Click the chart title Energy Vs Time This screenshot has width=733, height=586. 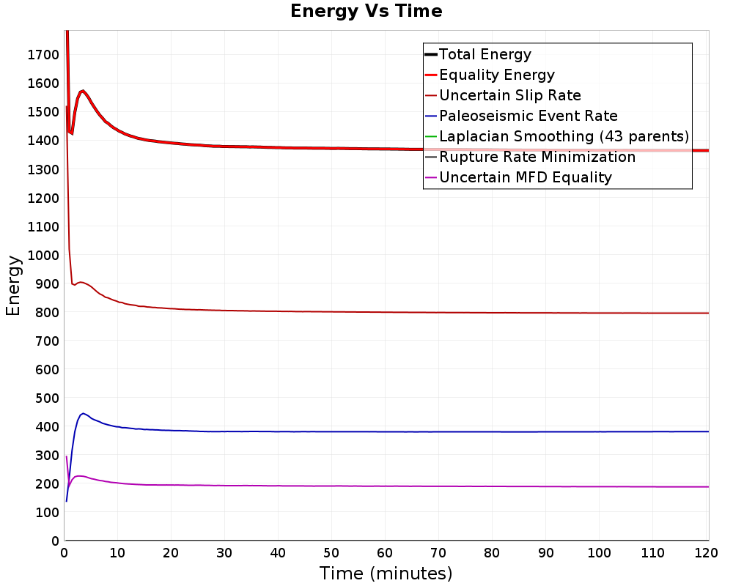click(x=366, y=11)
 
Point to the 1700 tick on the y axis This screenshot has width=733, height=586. click(x=43, y=55)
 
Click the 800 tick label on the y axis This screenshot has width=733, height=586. click(x=47, y=312)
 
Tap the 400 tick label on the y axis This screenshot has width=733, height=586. click(x=47, y=426)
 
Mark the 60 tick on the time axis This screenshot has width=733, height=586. click(x=385, y=553)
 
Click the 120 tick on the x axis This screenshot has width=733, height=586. click(x=706, y=553)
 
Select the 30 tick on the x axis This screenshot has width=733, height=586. click(x=224, y=553)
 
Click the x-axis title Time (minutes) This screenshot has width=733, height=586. click(x=386, y=574)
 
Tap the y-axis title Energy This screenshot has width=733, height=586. click(x=13, y=286)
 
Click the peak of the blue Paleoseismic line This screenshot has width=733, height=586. click(x=84, y=414)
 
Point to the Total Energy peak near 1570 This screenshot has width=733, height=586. click(x=83, y=91)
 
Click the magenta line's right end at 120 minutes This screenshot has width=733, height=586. click(x=709, y=487)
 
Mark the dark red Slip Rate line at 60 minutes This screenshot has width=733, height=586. click(x=385, y=312)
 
